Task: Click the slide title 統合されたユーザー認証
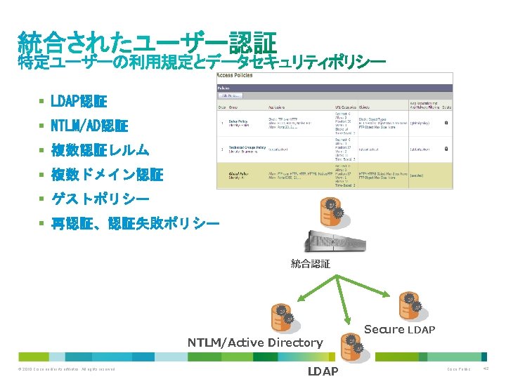pos(147,41)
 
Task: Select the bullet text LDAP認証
pos(78,102)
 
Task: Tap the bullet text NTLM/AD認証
pos(89,126)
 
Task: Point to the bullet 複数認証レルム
pos(100,150)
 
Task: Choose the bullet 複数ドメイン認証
pos(107,174)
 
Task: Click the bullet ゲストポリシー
pos(100,199)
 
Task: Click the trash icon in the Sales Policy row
pos(446,123)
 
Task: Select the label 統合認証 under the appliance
pos(310,264)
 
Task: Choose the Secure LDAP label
pos(400,329)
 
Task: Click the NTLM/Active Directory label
pos(254,343)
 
